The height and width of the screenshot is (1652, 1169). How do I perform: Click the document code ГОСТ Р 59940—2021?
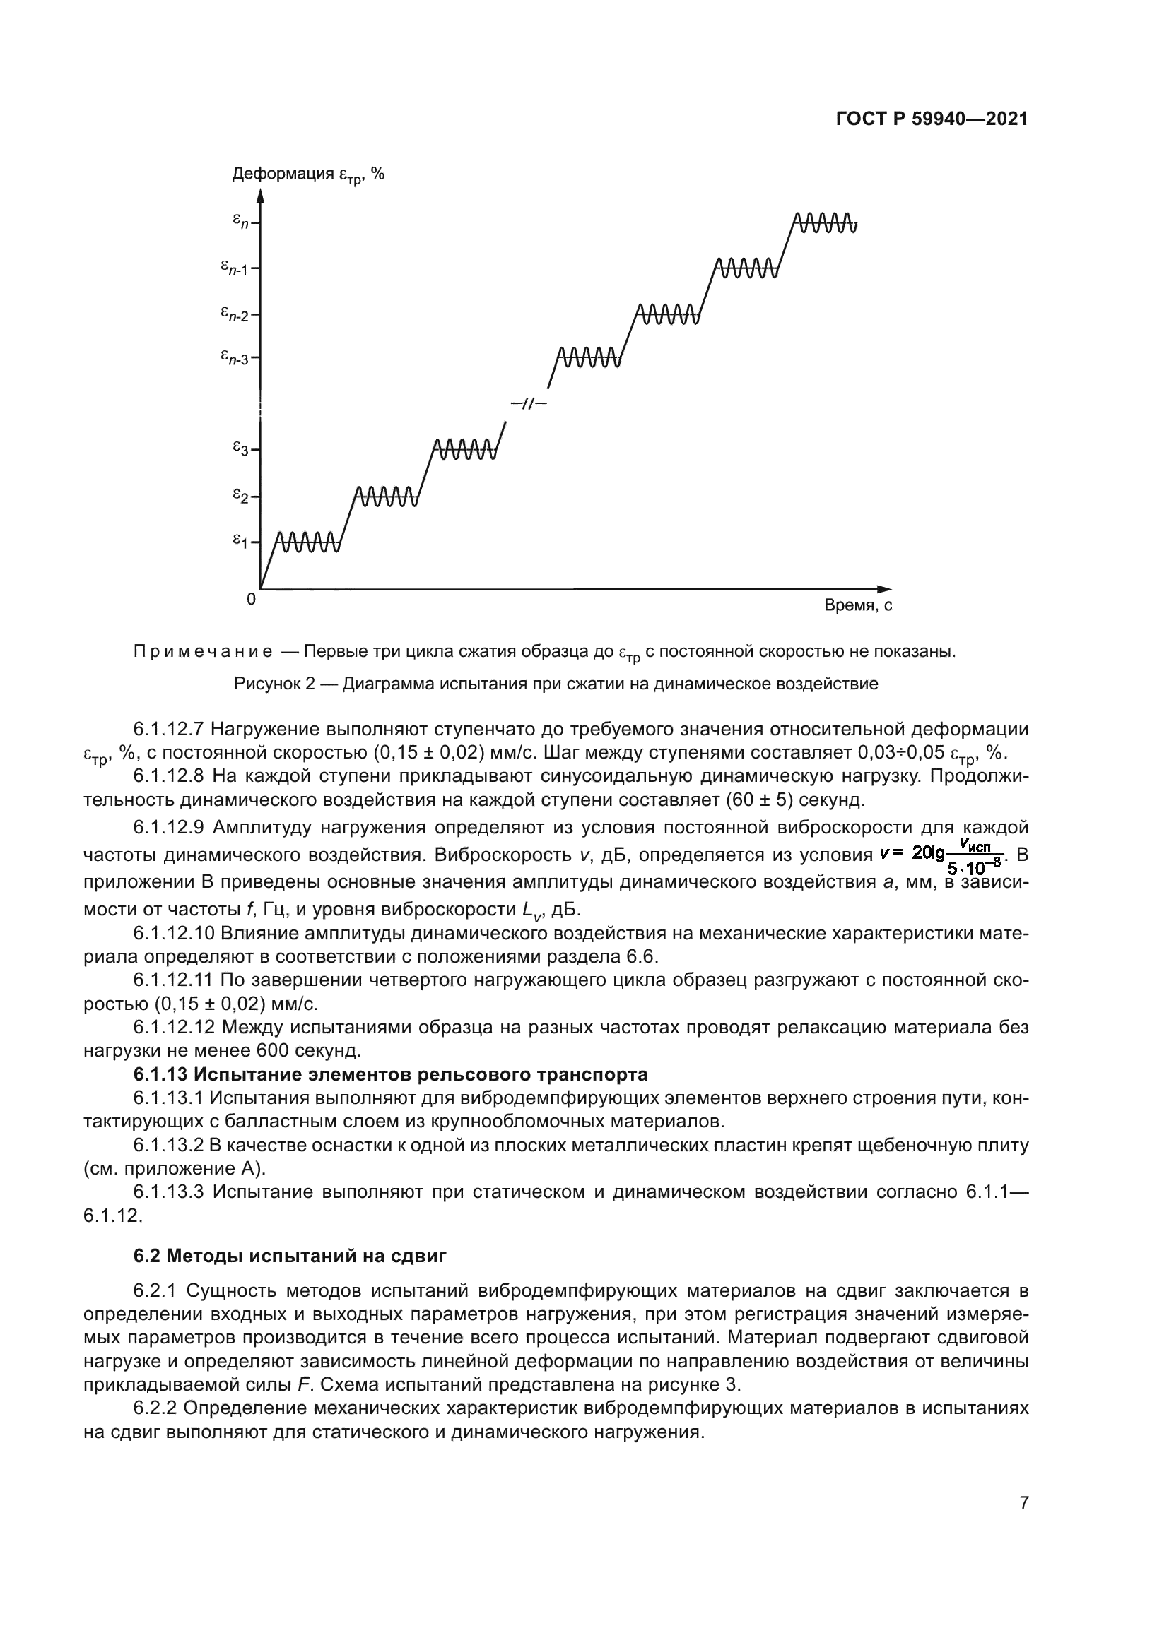[x=932, y=119]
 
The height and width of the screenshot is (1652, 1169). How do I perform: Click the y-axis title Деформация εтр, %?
[x=307, y=174]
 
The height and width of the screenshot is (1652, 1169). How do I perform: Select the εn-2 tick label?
[x=235, y=314]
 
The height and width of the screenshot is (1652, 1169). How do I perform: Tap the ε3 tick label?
[x=240, y=449]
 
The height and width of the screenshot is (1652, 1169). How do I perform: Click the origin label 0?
[x=250, y=599]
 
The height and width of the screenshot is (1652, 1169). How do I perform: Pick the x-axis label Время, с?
[x=857, y=606]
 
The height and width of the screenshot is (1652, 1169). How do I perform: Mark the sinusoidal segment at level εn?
[x=825, y=223]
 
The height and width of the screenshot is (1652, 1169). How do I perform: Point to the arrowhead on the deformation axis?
[x=261, y=197]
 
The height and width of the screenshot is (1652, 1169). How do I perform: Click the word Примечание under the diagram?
[x=203, y=652]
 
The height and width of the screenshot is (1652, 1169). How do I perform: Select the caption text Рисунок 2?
[x=275, y=684]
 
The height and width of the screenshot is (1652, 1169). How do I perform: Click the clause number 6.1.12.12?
[x=175, y=1028]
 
